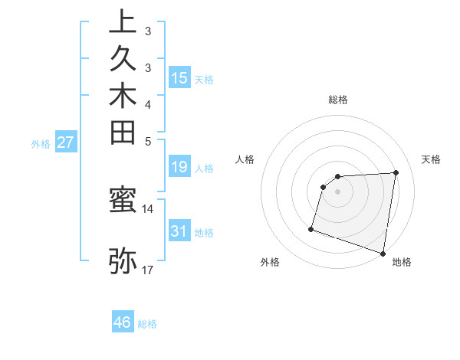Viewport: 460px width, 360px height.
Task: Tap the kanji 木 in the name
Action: pos(123,96)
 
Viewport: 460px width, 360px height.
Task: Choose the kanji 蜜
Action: pos(123,201)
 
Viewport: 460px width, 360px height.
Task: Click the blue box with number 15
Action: pos(179,77)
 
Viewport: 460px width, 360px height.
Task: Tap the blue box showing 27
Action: pos(66,142)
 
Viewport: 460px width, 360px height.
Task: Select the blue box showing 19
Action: pos(179,166)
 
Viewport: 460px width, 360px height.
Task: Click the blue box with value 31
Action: pos(179,231)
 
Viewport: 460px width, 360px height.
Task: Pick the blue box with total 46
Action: pos(123,322)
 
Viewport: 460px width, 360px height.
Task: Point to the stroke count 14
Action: pos(148,208)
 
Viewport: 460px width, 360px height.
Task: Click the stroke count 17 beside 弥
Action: pos(148,270)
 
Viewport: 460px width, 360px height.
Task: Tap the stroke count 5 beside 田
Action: pos(148,140)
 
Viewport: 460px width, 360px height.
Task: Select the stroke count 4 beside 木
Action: pos(148,104)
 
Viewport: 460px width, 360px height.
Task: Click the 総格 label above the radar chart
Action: pos(338,100)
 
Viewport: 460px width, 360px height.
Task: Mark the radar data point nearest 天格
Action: pos(396,172)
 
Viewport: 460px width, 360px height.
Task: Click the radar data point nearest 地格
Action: pos(383,253)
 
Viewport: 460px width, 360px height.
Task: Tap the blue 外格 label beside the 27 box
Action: pos(41,143)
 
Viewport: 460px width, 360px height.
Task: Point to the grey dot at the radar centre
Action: pos(338,191)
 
